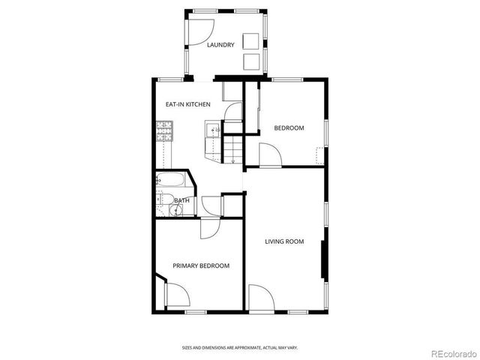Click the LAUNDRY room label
(221, 45)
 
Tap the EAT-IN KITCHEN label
(187, 104)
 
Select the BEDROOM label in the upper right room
(289, 128)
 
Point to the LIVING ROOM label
(284, 241)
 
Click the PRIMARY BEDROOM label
(201, 265)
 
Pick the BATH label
(181, 200)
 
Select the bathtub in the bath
(171, 181)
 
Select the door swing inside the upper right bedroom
(269, 155)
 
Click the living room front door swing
(259, 297)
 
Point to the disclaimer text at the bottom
(240, 347)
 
